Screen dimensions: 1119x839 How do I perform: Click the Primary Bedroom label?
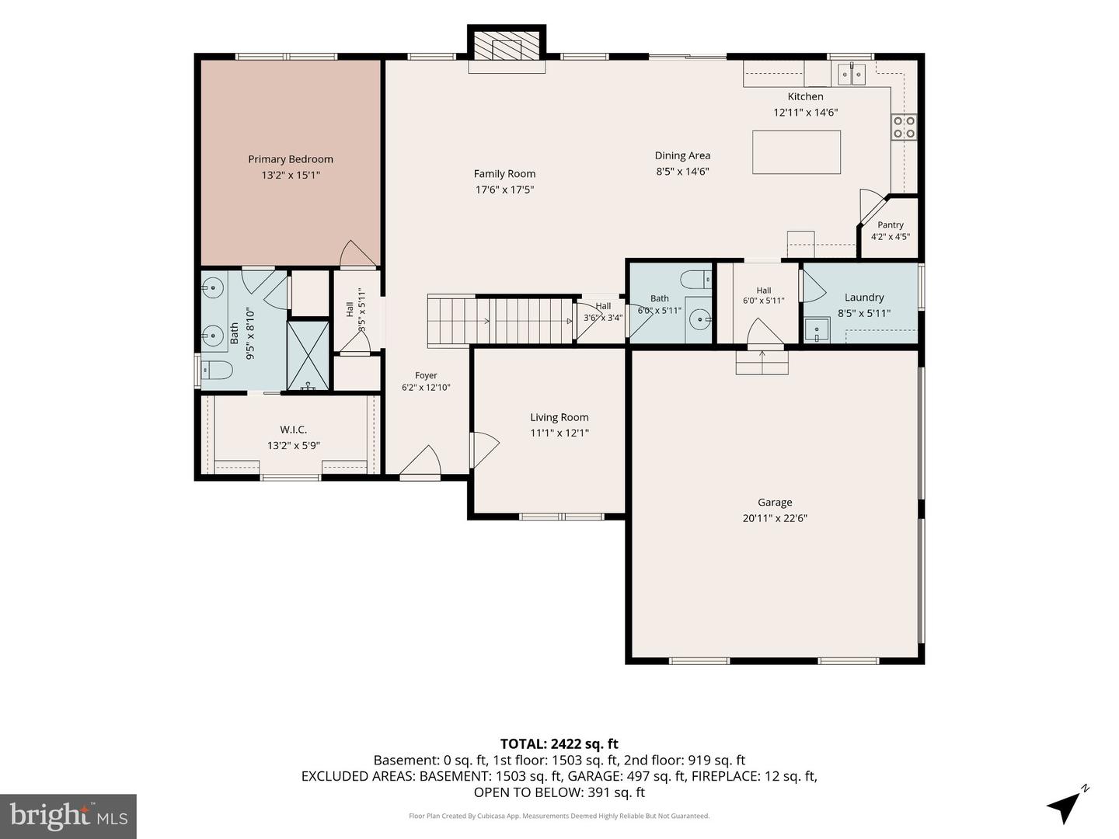291,159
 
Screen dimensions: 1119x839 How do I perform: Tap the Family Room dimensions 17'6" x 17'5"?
504,190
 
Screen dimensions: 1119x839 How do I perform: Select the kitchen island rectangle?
797,152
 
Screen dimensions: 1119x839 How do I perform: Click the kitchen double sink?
852,75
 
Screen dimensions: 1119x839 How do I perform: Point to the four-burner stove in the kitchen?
903,127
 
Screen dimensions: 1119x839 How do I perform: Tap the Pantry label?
890,225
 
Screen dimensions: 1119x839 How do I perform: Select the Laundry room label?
864,298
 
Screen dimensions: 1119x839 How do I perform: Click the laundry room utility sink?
817,330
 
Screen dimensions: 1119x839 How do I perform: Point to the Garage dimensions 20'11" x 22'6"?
775,519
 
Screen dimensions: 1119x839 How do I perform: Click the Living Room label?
559,417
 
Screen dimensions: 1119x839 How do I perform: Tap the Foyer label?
426,375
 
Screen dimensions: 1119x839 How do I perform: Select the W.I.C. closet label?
293,430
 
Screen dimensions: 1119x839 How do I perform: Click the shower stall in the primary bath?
308,355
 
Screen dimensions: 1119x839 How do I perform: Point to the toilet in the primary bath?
216,370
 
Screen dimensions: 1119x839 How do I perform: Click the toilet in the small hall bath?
696,279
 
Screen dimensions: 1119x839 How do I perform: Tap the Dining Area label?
682,156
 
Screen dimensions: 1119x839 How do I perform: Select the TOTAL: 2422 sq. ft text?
559,744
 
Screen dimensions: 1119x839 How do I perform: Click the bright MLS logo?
68,816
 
